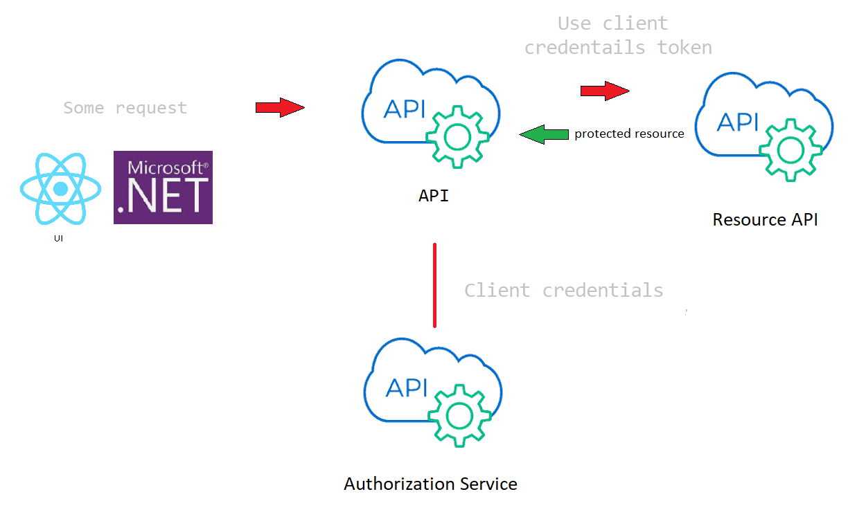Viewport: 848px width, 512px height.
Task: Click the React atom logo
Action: [61, 188]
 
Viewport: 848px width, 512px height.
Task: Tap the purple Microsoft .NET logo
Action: [163, 188]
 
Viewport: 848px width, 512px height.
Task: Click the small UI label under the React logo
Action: [58, 239]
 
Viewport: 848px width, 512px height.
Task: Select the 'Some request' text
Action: [125, 108]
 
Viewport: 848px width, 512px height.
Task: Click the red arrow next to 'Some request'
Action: [280, 107]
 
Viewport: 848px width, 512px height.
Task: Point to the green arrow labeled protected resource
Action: [544, 134]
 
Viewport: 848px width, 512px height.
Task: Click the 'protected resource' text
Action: [629, 134]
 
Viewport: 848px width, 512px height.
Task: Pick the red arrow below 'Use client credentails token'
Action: [604, 91]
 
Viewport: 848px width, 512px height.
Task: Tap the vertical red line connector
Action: [434, 284]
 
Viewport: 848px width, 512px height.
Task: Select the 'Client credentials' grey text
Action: [563, 290]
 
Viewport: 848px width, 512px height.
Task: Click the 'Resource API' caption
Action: [765, 220]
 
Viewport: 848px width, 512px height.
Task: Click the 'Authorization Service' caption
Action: [430, 484]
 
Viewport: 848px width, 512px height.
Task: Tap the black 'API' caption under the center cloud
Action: [434, 196]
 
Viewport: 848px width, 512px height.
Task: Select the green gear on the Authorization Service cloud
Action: [459, 415]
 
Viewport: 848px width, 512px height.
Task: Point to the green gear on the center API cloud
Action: [457, 137]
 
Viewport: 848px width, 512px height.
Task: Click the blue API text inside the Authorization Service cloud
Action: [407, 388]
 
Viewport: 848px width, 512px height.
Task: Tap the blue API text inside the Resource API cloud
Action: [739, 122]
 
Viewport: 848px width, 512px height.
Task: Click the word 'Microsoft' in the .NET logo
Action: [164, 167]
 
